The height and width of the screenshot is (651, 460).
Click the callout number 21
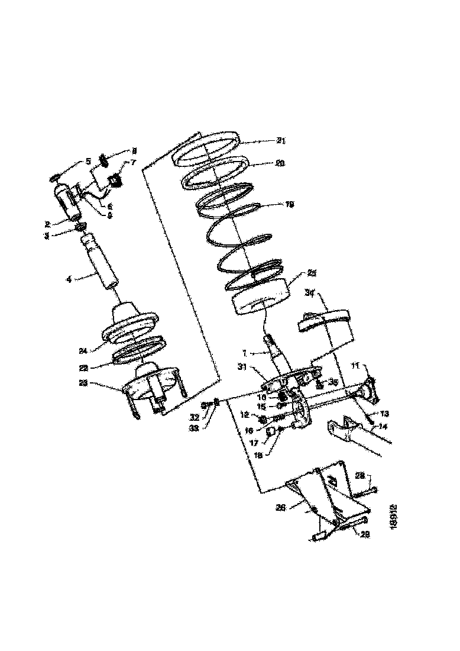coord(280,141)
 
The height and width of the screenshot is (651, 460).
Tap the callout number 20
coord(280,163)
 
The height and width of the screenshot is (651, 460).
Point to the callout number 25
coord(312,273)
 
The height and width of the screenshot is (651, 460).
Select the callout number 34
coord(310,292)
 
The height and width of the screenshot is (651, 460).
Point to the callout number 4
coord(69,277)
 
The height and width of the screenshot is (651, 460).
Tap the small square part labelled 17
coord(271,432)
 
